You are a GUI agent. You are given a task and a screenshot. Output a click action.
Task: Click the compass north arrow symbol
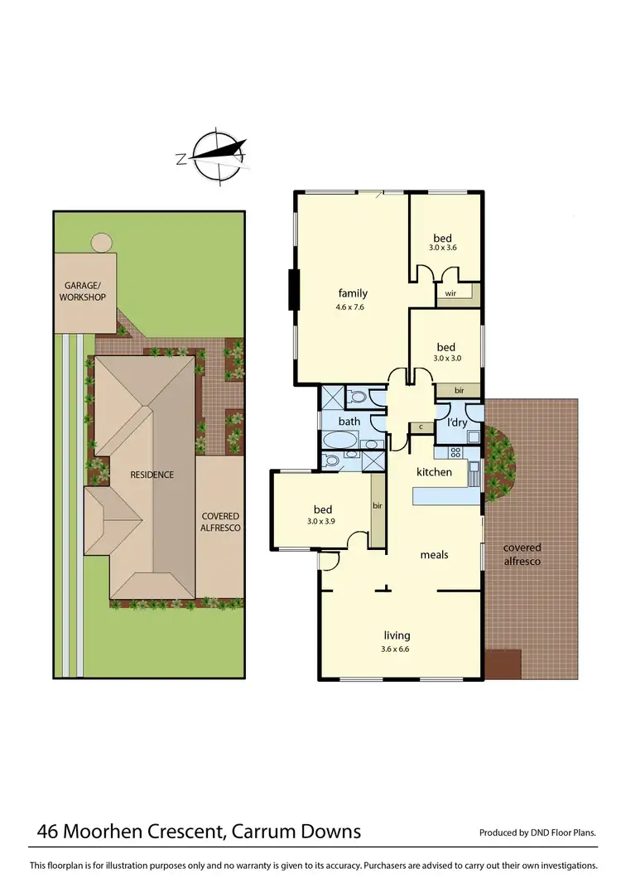(219, 154)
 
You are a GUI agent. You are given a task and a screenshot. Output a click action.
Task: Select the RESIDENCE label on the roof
(152, 475)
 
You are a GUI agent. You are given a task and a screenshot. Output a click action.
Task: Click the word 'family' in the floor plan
(353, 293)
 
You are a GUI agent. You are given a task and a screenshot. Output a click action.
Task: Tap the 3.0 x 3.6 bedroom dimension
(442, 248)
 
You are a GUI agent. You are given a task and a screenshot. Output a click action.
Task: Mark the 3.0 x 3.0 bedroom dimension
(445, 358)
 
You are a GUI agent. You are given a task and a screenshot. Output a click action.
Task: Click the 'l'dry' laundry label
(458, 423)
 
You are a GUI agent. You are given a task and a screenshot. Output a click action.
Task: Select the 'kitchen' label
(434, 472)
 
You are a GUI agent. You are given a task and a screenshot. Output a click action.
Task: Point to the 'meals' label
(434, 554)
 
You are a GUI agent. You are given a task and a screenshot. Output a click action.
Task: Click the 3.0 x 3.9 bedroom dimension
(322, 522)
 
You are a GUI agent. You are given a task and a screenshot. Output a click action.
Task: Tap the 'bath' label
(349, 422)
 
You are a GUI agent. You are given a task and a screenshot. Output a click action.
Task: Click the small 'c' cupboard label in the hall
(421, 427)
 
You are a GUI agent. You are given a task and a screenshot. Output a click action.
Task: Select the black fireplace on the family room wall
(291, 290)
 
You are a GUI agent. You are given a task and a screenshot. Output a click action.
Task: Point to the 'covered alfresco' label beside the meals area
(522, 554)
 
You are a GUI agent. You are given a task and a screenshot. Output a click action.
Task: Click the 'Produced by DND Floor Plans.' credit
(537, 832)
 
